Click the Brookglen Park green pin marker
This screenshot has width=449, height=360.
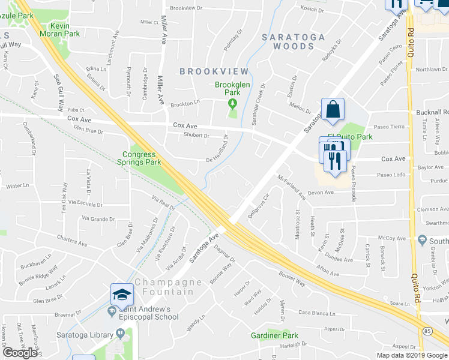tap(233, 104)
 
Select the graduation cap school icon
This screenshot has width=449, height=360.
tap(122, 295)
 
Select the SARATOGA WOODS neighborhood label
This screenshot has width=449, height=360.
tap(294, 41)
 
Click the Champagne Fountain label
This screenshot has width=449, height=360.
tap(164, 287)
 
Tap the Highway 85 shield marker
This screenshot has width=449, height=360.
tap(426, 347)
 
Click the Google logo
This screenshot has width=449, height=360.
tap(20, 353)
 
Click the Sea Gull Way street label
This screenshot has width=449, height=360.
tap(59, 93)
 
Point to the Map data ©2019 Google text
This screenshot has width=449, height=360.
tap(411, 355)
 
